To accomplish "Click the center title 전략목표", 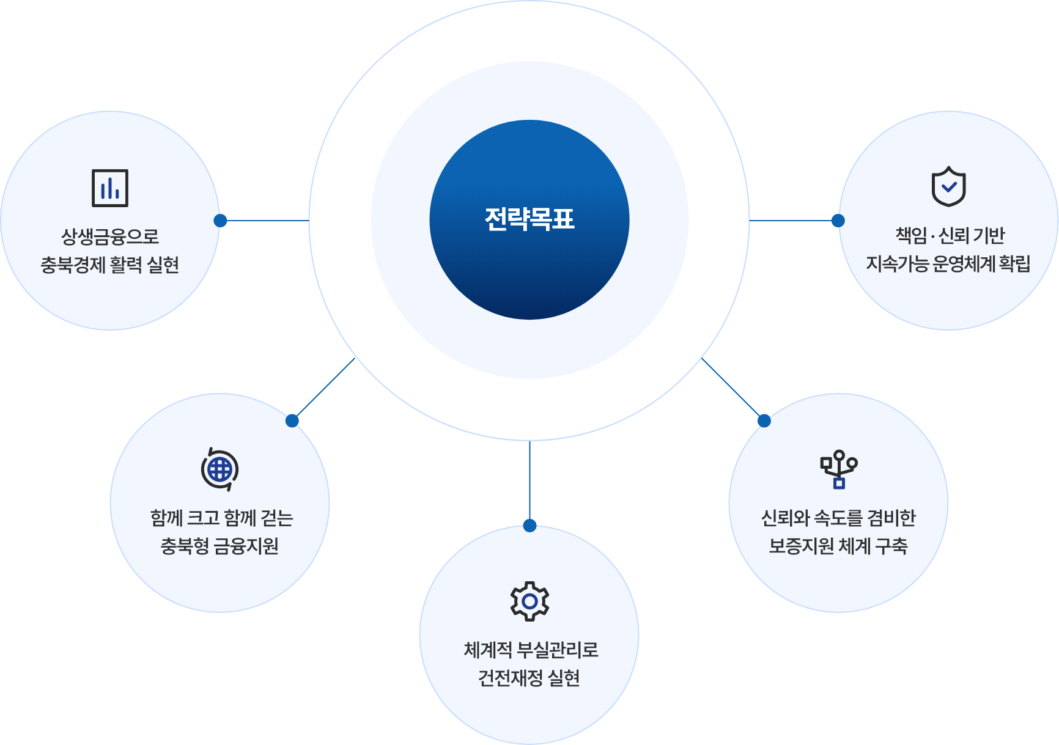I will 529,219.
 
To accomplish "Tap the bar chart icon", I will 110,188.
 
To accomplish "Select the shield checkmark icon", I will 948,186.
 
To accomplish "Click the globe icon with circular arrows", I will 220,469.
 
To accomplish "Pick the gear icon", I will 529,601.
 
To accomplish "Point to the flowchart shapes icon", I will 839,469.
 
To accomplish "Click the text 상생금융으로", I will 110,237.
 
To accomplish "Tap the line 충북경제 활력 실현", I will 110,265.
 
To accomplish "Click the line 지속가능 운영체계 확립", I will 948,263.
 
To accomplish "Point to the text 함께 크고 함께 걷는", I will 221,518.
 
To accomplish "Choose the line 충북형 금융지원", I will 220,546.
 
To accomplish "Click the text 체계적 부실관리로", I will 531,650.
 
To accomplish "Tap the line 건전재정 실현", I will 529,678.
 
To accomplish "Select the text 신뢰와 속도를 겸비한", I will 838,518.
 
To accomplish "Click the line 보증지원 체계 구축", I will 838,546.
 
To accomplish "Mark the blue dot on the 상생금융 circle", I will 221,221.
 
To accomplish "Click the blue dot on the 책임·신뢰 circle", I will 838,221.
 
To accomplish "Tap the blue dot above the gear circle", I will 530,526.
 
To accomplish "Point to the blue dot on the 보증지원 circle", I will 764,420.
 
